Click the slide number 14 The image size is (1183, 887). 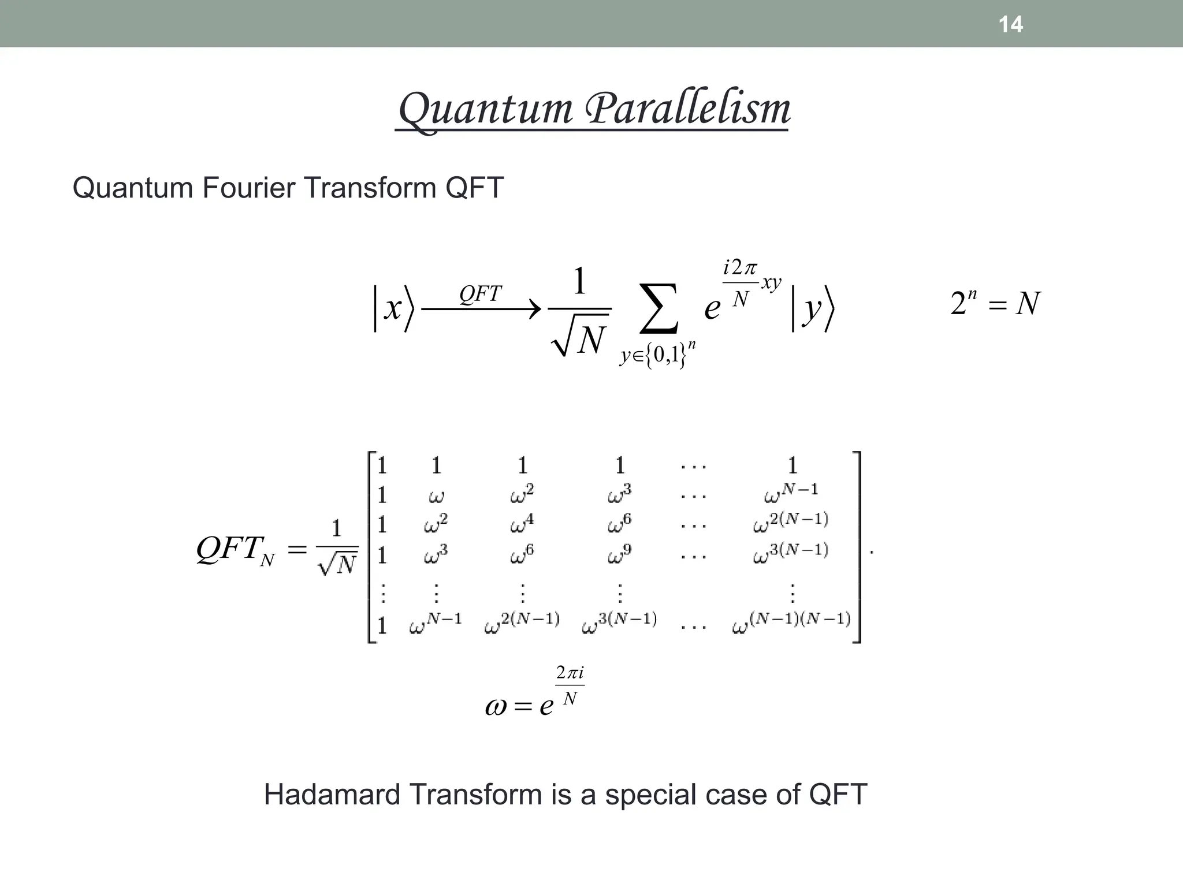(x=1010, y=24)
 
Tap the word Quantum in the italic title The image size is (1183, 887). (x=485, y=110)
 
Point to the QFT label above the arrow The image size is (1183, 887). (x=480, y=294)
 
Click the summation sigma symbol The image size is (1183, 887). (x=659, y=308)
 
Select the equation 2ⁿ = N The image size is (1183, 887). (x=995, y=303)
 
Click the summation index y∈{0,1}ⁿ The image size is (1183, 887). (x=658, y=355)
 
